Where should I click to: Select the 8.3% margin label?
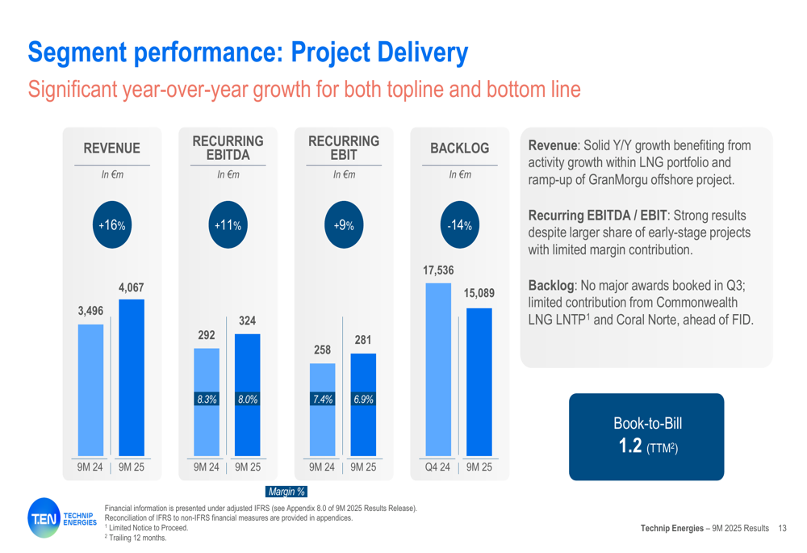click(207, 399)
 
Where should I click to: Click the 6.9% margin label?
click(363, 399)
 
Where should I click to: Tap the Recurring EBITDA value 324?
click(247, 320)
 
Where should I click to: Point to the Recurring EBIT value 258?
click(322, 350)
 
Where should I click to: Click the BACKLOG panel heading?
click(460, 149)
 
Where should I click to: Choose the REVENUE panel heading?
click(111, 149)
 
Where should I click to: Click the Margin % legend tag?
click(286, 491)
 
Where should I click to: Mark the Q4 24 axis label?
click(437, 467)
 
